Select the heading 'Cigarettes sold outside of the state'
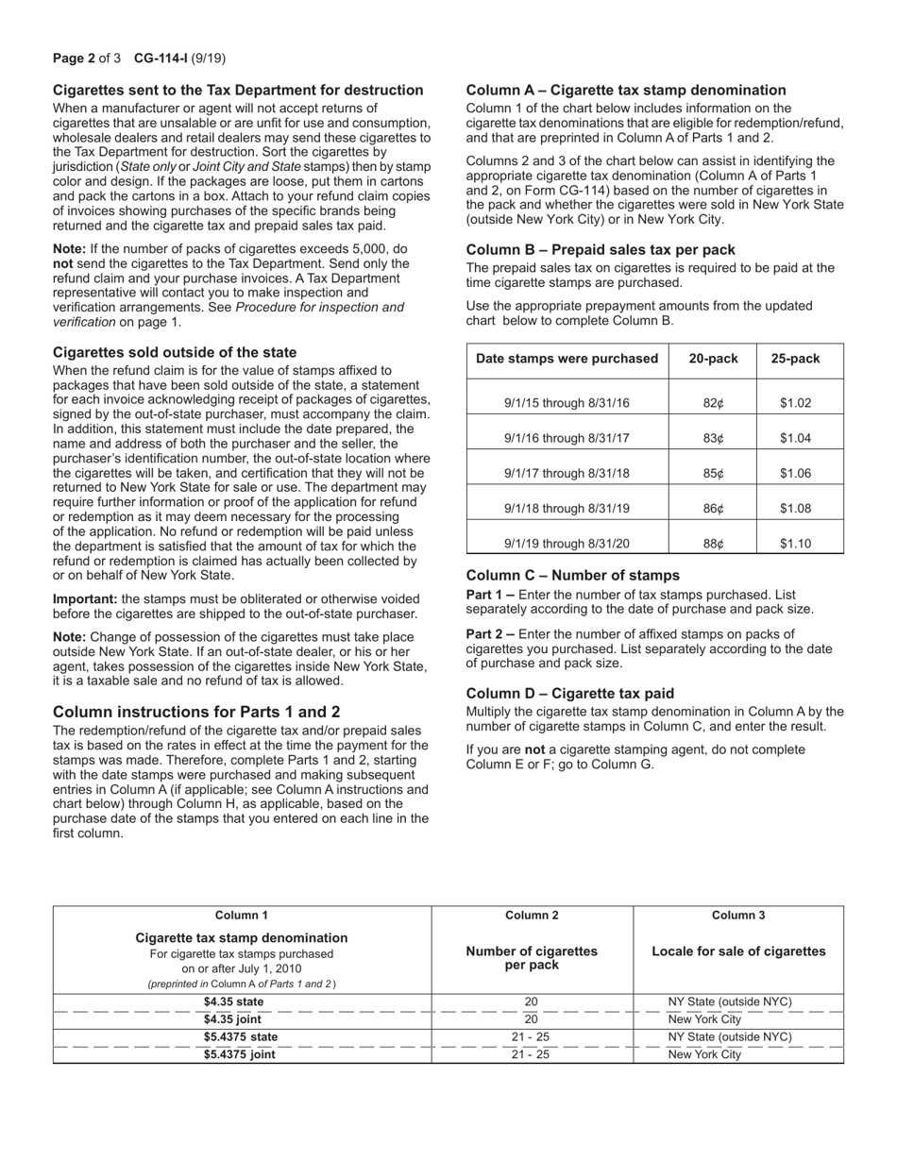[175, 352]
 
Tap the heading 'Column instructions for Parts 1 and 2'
[196, 712]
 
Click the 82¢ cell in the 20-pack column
[713, 403]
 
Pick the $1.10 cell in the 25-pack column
[795, 544]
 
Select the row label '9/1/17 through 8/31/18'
[567, 474]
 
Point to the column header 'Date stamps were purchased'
[567, 359]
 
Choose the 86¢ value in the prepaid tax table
[713, 509]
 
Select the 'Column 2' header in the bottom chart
[532, 915]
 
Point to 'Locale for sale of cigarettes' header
[738, 951]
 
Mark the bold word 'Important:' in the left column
[85, 598]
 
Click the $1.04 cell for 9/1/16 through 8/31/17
[795, 439]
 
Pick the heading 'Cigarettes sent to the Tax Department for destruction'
[238, 91]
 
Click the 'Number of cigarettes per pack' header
[532, 959]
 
